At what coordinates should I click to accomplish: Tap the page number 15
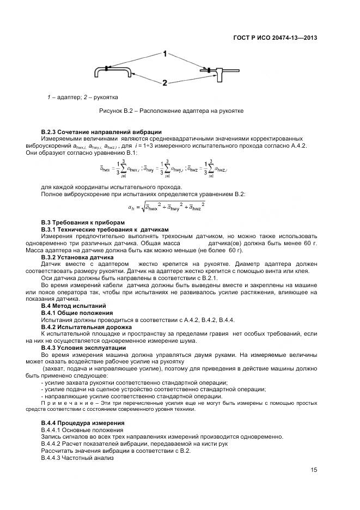tap(314, 470)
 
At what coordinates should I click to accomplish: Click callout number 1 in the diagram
tap(164, 53)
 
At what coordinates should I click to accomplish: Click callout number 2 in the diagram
tap(164, 83)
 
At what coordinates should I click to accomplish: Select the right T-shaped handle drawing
tap(219, 72)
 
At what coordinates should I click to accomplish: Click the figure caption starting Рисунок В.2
tap(170, 111)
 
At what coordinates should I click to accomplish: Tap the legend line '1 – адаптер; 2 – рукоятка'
tap(82, 97)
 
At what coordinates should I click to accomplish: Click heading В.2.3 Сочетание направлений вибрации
tap(101, 132)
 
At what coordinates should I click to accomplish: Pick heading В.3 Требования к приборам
tap(83, 222)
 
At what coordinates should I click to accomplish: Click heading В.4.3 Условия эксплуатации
tap(84, 347)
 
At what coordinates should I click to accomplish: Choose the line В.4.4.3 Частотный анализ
tap(77, 457)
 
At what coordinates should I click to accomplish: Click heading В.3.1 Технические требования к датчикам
tap(105, 229)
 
